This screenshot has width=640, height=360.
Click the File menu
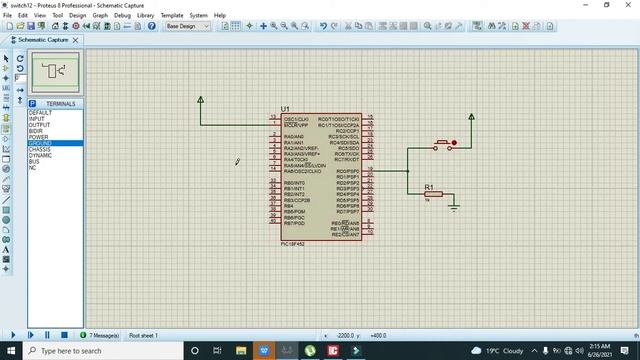[8, 16]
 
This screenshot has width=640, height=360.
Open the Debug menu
[122, 16]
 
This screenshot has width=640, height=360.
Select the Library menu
[146, 16]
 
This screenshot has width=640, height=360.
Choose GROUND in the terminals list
[40, 143]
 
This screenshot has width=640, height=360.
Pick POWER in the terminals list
[38, 137]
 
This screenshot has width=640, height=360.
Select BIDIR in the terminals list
[36, 131]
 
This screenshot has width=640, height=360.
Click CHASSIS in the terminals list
[40, 149]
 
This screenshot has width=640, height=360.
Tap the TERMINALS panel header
[59, 104]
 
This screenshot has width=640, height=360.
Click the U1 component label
[286, 109]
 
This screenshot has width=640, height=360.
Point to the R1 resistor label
[429, 187]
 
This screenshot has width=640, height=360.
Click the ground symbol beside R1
[454, 206]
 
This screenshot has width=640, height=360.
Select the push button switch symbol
[443, 145]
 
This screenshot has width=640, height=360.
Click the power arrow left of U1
[201, 100]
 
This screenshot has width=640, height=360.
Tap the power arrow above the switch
[472, 117]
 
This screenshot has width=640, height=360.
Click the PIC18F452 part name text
[295, 243]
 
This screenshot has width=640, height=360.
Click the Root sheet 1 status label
[144, 335]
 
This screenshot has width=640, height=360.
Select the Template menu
[172, 16]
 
